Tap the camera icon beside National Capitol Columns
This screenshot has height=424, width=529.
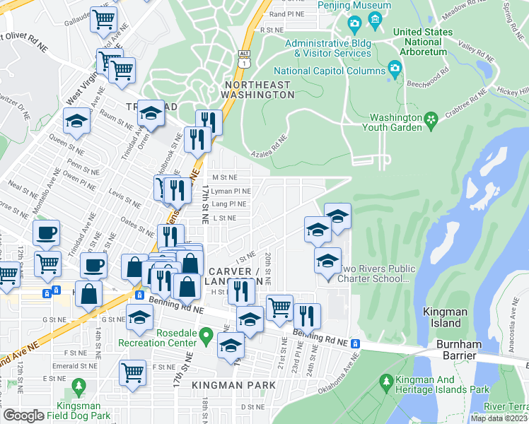(x=395, y=69)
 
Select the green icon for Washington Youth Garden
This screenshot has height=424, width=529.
(x=431, y=118)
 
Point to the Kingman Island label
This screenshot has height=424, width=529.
(x=442, y=317)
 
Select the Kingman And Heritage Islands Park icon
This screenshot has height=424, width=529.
(x=386, y=382)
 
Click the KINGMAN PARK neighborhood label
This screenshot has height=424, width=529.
(x=233, y=384)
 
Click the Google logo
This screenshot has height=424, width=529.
(x=23, y=416)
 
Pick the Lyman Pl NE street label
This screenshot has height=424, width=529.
(x=231, y=191)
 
